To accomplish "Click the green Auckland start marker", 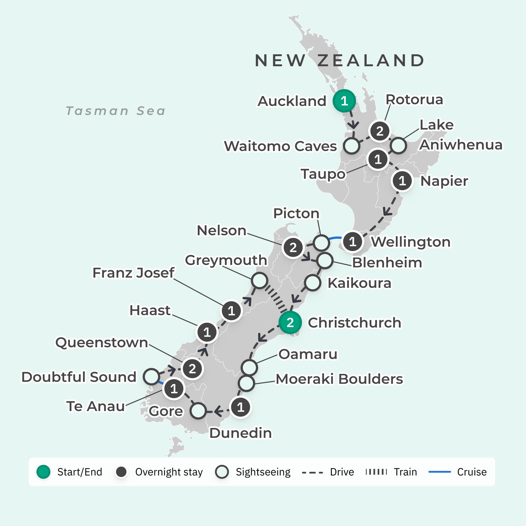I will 344,101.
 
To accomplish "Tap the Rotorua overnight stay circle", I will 380,131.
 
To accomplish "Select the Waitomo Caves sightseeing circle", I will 352,146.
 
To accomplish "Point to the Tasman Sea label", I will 116,111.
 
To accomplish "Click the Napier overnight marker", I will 402,181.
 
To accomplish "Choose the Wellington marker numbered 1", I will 353,242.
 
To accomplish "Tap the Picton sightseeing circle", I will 321,243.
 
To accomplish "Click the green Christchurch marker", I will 290,322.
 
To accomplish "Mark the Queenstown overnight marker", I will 192,369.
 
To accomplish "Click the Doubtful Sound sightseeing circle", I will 151,377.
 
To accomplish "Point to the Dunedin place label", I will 240,433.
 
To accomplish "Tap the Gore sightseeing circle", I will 198,411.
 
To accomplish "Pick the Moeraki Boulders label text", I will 339,379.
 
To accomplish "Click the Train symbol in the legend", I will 376,472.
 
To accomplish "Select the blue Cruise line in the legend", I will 440,472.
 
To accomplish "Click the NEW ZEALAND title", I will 340,60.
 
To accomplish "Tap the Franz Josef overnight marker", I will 231,311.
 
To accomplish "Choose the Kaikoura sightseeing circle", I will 313,282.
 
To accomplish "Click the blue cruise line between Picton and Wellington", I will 335,239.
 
